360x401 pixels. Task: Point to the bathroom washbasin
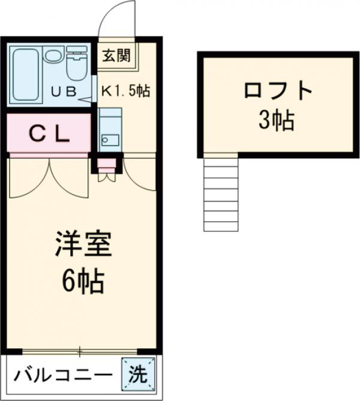(x=52, y=57)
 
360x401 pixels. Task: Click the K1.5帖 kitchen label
(x=124, y=92)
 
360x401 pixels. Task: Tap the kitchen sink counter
(x=110, y=130)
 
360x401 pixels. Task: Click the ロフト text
(x=278, y=91)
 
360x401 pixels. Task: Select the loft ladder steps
(x=221, y=194)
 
